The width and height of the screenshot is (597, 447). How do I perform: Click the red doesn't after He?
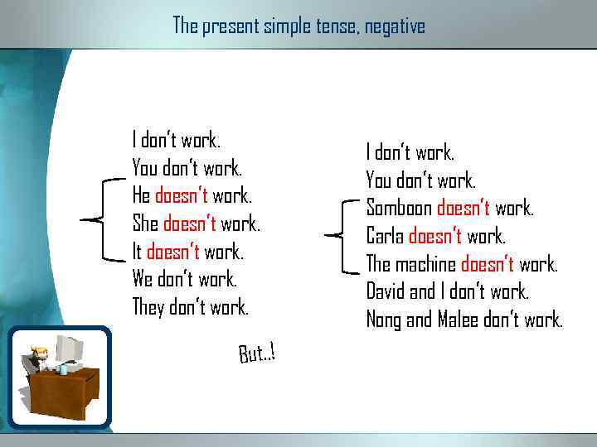coord(182,196)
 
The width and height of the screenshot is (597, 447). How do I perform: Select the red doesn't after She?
coord(190,223)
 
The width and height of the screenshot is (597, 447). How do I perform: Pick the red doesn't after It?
coord(173,252)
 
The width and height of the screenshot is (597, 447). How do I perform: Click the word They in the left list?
coord(148,307)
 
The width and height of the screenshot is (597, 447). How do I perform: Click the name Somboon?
coord(399,208)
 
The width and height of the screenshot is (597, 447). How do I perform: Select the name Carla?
coord(385,236)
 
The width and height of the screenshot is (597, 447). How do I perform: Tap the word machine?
coord(426,264)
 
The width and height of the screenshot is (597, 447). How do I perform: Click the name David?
coord(386,291)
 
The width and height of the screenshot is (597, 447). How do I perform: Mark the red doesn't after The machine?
coord(487,264)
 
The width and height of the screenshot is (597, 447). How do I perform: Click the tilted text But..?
coord(256,353)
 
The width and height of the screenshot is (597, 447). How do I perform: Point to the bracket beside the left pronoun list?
coord(96,219)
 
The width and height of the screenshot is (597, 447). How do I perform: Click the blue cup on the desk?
coord(63,370)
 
